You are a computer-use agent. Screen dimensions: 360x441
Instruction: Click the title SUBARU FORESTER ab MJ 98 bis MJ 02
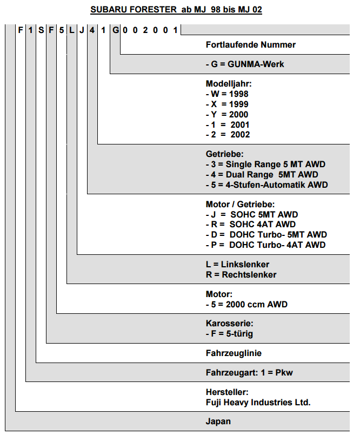[x=176, y=10]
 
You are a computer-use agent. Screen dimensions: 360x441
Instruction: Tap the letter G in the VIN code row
[x=116, y=30]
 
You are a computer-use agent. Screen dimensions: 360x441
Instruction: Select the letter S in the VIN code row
[x=41, y=30]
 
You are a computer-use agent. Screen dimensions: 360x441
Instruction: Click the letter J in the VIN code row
[x=82, y=30]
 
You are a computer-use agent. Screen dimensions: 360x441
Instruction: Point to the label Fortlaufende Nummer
[x=251, y=45]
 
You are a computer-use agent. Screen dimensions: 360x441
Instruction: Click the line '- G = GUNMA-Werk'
[x=245, y=64]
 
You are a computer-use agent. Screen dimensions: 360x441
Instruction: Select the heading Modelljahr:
[x=229, y=83]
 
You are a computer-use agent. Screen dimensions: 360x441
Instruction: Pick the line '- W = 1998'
[x=227, y=94]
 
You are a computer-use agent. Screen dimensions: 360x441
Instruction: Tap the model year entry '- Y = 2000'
[x=227, y=115]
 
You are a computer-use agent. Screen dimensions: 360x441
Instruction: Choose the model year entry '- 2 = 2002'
[x=228, y=135]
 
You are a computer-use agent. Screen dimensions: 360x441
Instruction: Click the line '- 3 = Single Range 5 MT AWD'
[x=265, y=164]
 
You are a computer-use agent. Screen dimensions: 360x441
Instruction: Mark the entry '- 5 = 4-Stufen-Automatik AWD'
[x=267, y=185]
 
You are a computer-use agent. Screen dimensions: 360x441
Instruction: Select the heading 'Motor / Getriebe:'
[x=241, y=204]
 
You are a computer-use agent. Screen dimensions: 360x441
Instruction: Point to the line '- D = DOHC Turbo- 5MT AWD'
[x=266, y=234]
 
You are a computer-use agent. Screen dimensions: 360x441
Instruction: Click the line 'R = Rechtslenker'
[x=241, y=274]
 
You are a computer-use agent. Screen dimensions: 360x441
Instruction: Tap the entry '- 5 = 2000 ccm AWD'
[x=246, y=304]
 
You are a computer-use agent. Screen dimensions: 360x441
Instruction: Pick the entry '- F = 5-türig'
[x=229, y=334]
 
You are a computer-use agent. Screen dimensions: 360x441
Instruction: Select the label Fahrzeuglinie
[x=234, y=353]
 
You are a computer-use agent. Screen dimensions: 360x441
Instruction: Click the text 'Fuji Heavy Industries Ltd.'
[x=258, y=403]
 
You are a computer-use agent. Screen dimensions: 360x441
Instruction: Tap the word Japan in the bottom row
[x=218, y=422]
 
